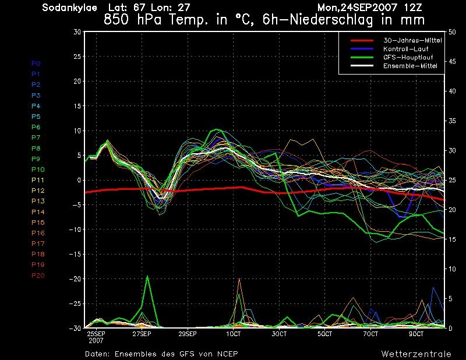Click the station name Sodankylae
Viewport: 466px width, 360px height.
(69, 8)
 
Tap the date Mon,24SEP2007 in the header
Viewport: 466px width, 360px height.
(357, 8)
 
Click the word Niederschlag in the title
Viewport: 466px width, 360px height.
(330, 20)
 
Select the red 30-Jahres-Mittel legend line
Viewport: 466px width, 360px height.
(362, 40)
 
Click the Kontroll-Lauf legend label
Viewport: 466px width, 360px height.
(405, 49)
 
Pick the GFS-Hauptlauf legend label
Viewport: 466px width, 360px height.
(408, 57)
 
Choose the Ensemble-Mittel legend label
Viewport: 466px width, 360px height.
(410, 66)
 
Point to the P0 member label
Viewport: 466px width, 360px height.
(36, 63)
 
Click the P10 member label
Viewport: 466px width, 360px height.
(38, 170)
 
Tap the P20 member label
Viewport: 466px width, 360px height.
(38, 276)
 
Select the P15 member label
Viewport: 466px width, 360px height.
(38, 223)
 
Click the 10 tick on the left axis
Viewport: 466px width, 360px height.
(77, 131)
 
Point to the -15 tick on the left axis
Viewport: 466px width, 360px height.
(75, 254)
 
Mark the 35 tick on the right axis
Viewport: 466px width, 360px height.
(452, 121)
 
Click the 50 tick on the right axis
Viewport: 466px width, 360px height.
(452, 32)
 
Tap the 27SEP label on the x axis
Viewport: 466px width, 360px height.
(142, 334)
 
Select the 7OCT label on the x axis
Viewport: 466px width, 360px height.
(370, 334)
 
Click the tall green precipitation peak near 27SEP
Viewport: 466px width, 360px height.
(147, 277)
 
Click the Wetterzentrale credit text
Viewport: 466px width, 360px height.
(416, 354)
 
